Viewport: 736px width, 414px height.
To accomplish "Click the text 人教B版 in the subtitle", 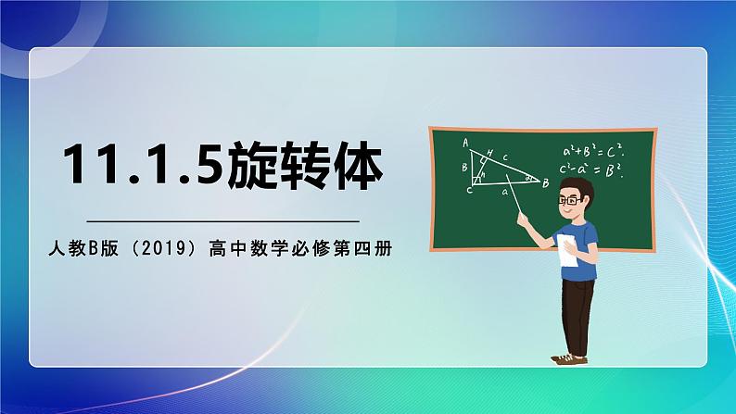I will pyautogui.click(x=80, y=249).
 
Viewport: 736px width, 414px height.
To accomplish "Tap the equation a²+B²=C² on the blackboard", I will pyautogui.click(x=592, y=152).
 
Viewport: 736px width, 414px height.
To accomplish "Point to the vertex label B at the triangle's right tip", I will pyautogui.click(x=546, y=183).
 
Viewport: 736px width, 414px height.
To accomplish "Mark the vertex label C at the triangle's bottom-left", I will pyautogui.click(x=469, y=190).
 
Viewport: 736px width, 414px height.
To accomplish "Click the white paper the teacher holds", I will pyautogui.click(x=566, y=252).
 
